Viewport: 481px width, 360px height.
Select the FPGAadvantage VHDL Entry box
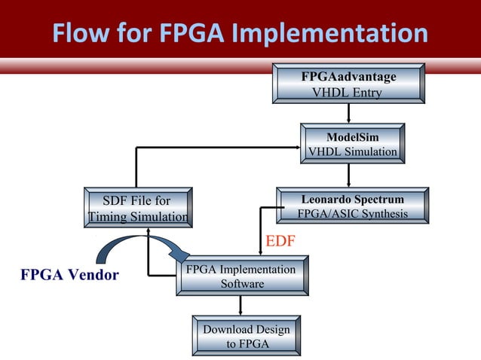click(348, 84)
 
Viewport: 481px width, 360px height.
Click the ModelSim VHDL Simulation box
click(352, 144)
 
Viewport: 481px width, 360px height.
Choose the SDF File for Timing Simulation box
click(136, 209)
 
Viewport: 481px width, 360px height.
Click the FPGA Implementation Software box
click(242, 276)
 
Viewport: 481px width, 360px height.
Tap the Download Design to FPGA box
click(246, 337)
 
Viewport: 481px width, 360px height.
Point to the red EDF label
click(280, 241)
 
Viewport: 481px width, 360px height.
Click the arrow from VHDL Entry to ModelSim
click(348, 114)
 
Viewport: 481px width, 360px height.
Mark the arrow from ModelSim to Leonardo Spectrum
click(348, 176)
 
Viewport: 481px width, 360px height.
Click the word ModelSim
click(353, 136)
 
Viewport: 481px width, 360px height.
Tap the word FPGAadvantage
click(348, 77)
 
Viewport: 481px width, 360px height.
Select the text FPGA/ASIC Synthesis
click(352, 215)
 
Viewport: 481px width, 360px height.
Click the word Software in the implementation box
click(242, 284)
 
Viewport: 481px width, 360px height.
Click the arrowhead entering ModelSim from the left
click(296, 148)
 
